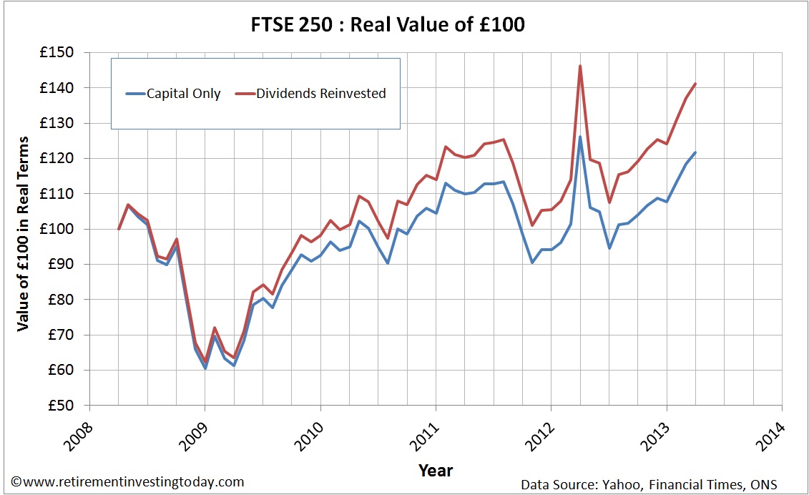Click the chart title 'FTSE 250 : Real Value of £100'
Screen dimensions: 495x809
pos(403,25)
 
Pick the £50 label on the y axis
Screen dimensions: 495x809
pos(63,406)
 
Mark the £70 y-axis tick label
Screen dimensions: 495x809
pos(63,335)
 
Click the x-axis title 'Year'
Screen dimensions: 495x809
pos(435,470)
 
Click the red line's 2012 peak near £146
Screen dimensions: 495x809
pos(580,66)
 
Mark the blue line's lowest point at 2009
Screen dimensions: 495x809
pos(205,368)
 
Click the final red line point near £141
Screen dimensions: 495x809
pos(695,84)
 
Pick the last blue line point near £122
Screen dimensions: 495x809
pos(695,152)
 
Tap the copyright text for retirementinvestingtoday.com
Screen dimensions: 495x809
pos(127,482)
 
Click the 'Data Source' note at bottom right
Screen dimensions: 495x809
pos(649,484)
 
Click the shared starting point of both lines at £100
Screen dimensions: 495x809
pos(119,229)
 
